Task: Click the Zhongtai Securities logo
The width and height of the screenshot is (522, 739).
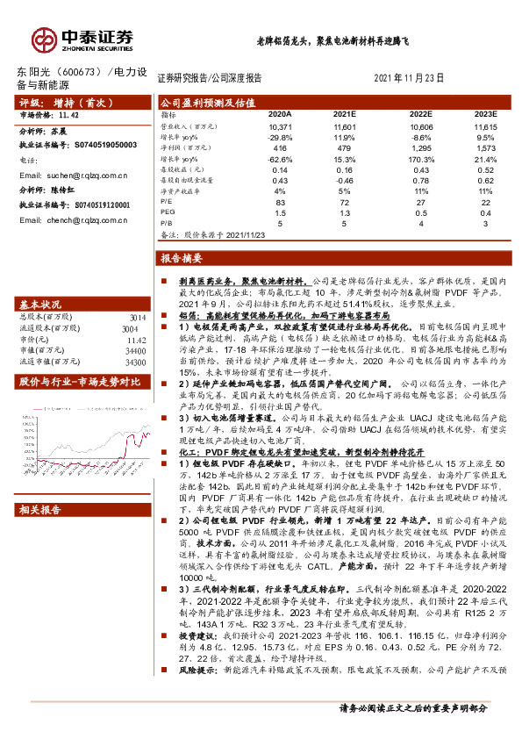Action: point(82,39)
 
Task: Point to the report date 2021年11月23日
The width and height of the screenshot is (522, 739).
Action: point(408,76)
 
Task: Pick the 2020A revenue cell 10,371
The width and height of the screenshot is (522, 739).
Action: point(279,128)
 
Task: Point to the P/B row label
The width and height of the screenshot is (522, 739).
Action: point(168,223)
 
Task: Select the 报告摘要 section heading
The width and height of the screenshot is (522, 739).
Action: point(182,258)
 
